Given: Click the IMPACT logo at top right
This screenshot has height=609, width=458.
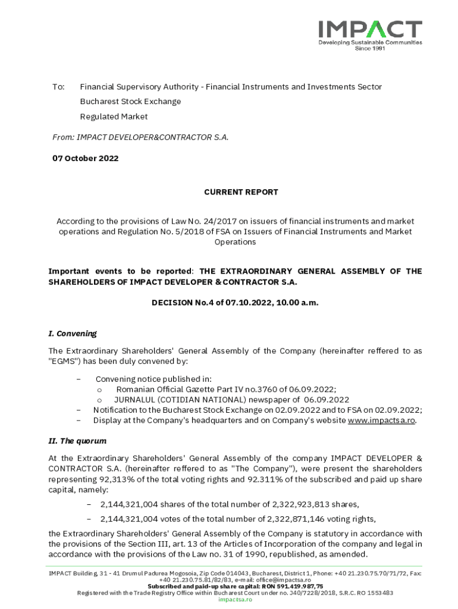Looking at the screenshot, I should click(370, 29).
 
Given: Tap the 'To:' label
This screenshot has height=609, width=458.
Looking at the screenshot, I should click(58, 87).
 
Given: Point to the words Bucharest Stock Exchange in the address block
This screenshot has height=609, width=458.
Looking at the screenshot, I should click(130, 101).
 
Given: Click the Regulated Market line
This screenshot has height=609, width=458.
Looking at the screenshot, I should click(114, 117).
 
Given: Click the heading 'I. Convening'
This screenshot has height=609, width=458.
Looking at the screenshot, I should click(72, 333).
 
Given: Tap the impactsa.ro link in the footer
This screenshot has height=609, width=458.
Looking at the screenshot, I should click(235, 599).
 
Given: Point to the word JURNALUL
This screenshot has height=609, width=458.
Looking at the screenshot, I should click(134, 400).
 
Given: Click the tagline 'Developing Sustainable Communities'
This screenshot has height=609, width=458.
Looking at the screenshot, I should click(370, 43).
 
